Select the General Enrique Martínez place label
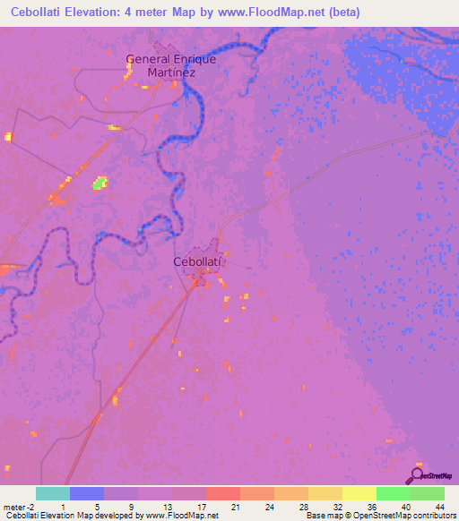(171, 64)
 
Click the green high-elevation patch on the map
(100, 184)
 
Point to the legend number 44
(426, 506)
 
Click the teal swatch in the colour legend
(53, 493)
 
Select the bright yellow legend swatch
(359, 493)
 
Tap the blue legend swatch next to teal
(87, 493)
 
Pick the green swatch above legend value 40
(394, 493)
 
